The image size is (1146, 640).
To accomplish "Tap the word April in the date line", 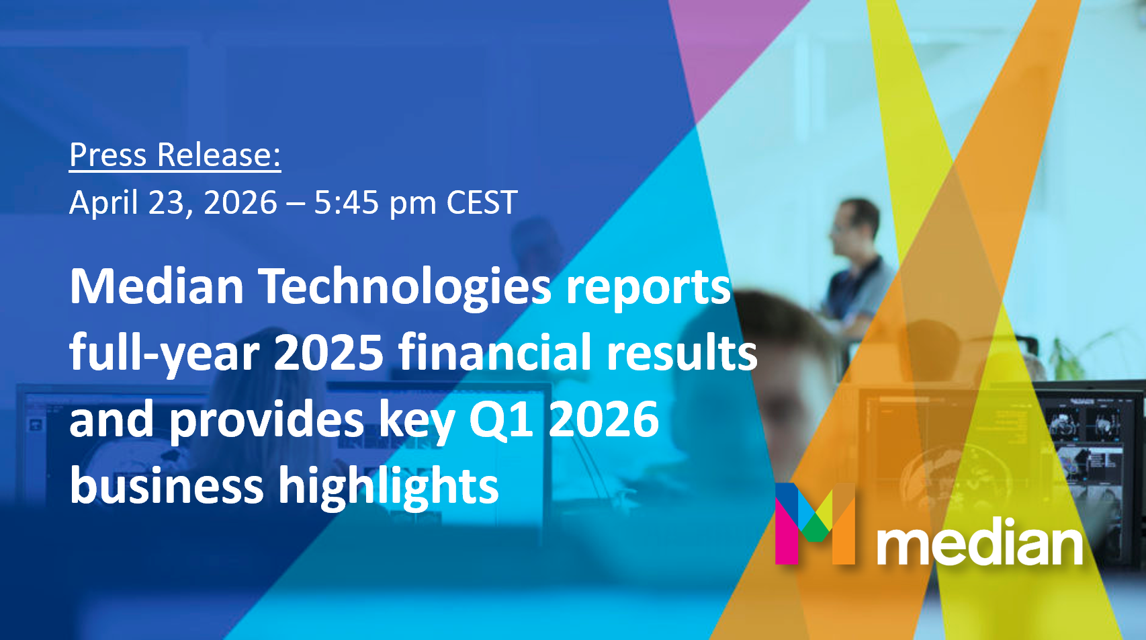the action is (104, 203).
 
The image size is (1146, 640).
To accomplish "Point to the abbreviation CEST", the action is (482, 202).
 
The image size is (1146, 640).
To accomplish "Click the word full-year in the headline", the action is (164, 354).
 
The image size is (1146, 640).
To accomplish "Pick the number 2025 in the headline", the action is (328, 353).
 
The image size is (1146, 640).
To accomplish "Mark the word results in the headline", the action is (681, 353).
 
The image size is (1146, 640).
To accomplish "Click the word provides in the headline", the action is (266, 421).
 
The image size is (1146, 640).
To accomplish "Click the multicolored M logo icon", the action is (815, 523).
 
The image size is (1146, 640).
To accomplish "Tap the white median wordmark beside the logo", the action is (979, 541).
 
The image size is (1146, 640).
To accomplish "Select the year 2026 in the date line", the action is (240, 202).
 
